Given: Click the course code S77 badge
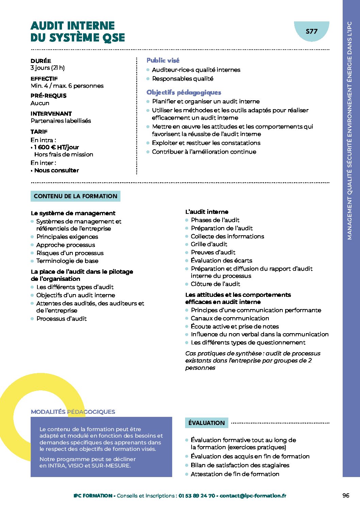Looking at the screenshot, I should [311, 31].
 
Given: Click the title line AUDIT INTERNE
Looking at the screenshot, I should [72, 26].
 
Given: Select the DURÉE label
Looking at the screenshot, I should [41, 61].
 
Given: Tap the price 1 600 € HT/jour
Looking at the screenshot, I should [56, 147].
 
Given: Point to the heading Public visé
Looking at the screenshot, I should [163, 60].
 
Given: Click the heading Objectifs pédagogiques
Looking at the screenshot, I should [184, 92].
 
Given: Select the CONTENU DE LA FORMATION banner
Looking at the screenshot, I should [75, 196].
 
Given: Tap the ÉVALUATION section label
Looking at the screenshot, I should [207, 423].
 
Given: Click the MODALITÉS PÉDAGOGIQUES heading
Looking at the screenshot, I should [73, 412].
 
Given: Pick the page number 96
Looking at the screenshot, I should [346, 495].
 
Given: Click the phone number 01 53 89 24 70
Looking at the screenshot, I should [197, 496].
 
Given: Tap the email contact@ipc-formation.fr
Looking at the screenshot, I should [253, 496].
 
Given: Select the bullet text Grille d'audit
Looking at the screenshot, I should [209, 244].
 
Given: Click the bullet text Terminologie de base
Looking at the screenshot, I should [67, 261].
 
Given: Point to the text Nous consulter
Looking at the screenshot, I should [56, 170].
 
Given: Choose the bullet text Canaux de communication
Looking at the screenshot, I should [230, 318].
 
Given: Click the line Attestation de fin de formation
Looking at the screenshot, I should [235, 474].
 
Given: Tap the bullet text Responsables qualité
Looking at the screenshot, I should [183, 79].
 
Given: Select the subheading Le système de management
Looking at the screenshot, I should [73, 213].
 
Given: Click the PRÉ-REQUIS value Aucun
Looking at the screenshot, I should [40, 103].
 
